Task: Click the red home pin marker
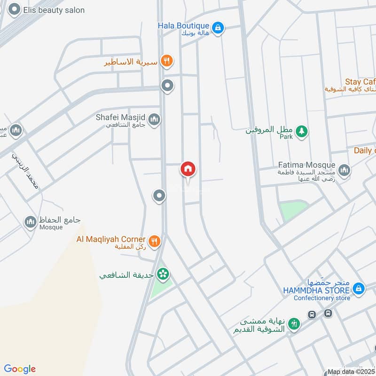coord(188,169)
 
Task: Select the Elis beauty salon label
coord(55,10)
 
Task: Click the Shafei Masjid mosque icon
coord(154,121)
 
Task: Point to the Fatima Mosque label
coord(306,165)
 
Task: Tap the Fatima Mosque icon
coord(344,170)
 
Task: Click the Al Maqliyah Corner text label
coord(111,239)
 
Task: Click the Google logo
coord(20,369)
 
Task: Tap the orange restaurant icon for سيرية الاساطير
coord(166,61)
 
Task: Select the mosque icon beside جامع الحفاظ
coord(31,222)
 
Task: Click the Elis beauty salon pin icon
coord(15,9)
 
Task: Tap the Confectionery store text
coord(322,298)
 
